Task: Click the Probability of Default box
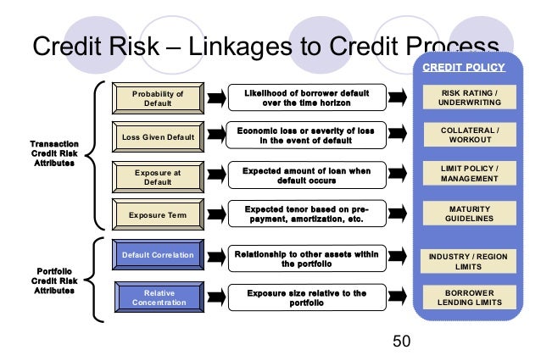158,97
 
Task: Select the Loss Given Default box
158,136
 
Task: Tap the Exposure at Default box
158,176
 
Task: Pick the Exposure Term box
158,215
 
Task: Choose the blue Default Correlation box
158,254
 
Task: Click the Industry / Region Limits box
468,261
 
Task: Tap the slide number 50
401,342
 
